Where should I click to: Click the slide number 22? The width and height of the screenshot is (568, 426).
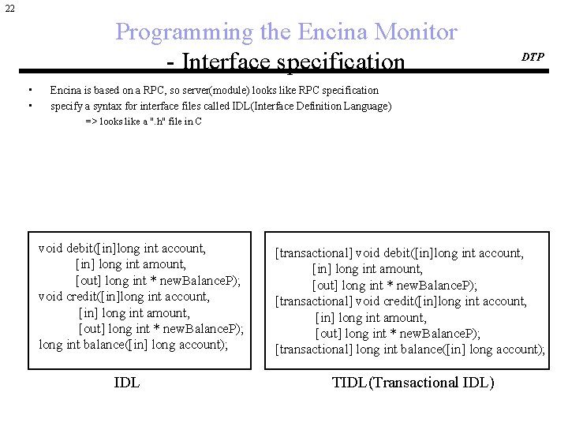point(9,8)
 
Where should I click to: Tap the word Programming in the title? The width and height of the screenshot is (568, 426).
point(180,32)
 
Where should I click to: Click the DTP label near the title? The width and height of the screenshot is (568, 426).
point(532,57)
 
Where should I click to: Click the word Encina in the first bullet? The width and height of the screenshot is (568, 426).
point(65,90)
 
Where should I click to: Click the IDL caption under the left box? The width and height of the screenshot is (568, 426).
point(127,383)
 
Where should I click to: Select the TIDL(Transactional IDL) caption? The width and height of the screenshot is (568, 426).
point(413,383)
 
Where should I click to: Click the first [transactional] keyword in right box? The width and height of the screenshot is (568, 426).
point(313,253)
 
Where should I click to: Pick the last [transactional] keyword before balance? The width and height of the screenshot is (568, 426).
point(313,349)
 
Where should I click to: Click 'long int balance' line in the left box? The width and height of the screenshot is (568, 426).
point(82,345)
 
